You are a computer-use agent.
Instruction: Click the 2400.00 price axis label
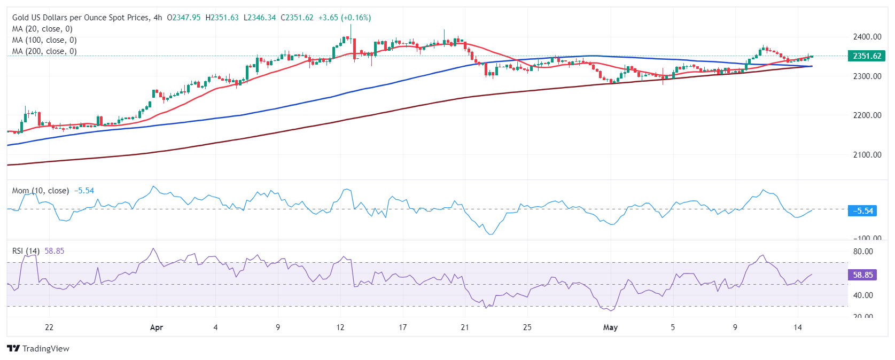[x=867, y=36]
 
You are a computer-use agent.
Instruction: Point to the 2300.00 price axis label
[x=867, y=76]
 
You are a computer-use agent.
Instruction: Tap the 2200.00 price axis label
[x=867, y=115]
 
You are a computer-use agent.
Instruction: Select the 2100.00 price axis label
[x=867, y=154]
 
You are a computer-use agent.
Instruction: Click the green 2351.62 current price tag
[x=867, y=56]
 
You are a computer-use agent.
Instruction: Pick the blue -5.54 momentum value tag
[x=862, y=211]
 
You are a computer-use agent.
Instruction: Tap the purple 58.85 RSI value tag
[x=862, y=275]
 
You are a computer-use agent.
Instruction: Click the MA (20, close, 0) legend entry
[x=42, y=29]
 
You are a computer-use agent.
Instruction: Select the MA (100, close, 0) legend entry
[x=44, y=40]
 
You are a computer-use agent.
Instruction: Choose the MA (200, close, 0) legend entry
[x=44, y=51]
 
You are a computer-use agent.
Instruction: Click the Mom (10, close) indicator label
[x=40, y=191]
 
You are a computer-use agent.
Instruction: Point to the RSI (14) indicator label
[x=26, y=251]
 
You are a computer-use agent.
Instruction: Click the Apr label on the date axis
[x=157, y=327]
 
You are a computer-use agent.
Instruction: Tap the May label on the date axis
[x=610, y=327]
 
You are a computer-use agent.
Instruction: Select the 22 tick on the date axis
[x=49, y=327]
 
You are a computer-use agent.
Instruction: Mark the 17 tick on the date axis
[x=402, y=327]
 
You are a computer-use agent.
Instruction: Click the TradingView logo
[x=38, y=349]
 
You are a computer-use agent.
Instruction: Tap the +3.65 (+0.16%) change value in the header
[x=345, y=18]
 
